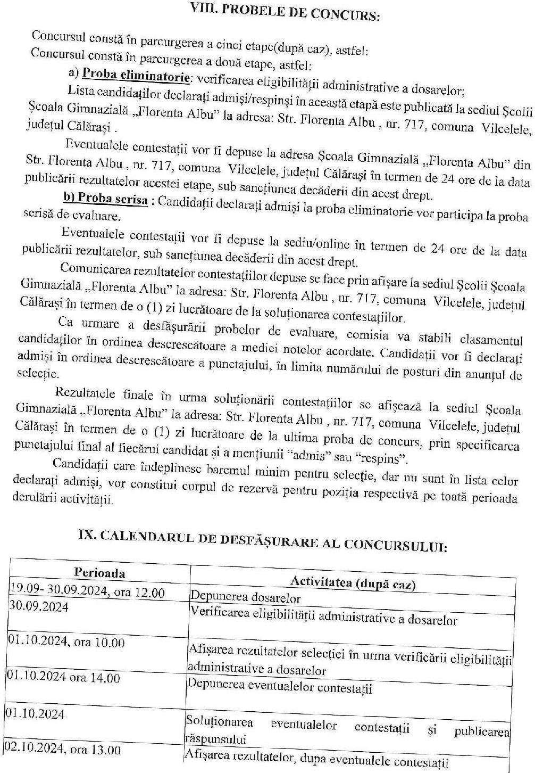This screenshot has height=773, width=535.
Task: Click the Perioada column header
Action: coord(99,573)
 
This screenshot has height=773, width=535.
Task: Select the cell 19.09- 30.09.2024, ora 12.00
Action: coord(87,591)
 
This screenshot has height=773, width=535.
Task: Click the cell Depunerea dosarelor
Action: coord(245,597)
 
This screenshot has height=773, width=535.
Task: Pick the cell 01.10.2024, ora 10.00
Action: coord(66,642)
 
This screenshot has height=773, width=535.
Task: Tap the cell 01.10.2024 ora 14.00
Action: coord(63,677)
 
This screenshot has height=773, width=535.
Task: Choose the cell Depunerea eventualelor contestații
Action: coord(280,686)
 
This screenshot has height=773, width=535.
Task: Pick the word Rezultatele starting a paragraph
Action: coord(85,393)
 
